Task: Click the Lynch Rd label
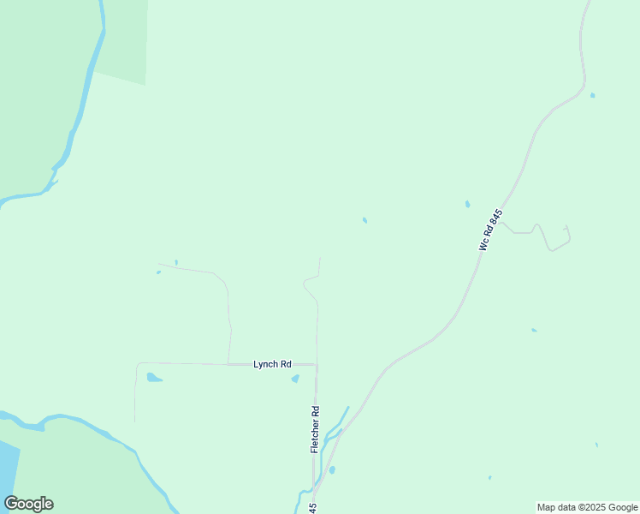point(272,364)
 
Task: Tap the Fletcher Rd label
point(315,429)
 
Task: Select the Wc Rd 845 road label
point(490,229)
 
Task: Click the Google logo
point(28,504)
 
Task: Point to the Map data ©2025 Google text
point(587,507)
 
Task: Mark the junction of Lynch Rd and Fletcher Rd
point(317,365)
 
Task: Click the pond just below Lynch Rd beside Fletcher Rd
point(295,378)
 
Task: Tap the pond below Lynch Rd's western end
point(154,377)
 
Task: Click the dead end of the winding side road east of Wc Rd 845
point(566,226)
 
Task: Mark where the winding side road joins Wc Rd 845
point(501,222)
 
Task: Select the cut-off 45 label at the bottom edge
point(313,508)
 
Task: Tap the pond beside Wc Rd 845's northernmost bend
point(592,95)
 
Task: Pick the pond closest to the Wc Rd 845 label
point(467,204)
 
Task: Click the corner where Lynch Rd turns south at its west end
point(137,363)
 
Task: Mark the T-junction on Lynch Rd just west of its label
point(228,364)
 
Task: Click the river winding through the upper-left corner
point(84,94)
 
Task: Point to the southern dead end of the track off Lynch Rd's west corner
point(134,421)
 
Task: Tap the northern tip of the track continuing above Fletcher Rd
point(320,258)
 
